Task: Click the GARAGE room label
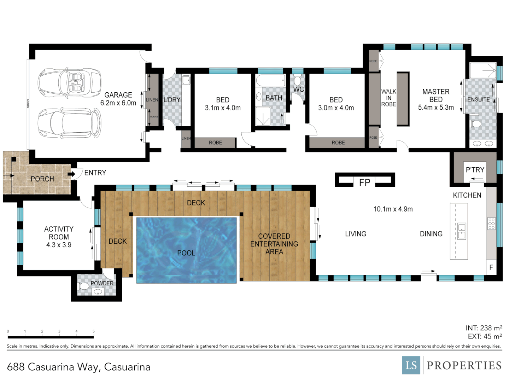tap(118, 95)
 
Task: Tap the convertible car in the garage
tap(69, 83)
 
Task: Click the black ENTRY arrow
tap(72, 174)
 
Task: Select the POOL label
tap(186, 253)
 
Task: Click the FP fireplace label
tap(364, 183)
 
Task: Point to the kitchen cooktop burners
tap(491, 224)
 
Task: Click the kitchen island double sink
tap(462, 231)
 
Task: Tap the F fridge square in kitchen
tap(491, 268)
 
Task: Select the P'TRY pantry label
tap(475, 170)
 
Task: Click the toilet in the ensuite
tap(476, 123)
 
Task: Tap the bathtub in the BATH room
tap(270, 81)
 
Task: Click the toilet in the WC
tap(297, 80)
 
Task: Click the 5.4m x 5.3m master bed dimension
tap(436, 108)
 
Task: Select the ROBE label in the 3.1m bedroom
tap(215, 143)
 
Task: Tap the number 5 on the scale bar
tap(94, 331)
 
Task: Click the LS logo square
tap(411, 365)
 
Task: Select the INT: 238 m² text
tap(484, 328)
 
